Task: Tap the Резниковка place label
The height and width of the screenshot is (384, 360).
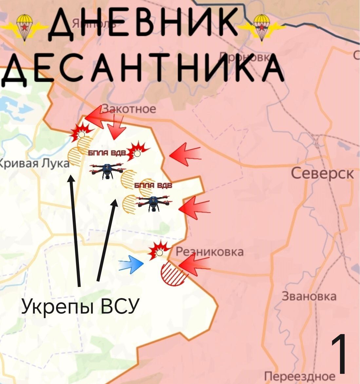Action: pos(210,252)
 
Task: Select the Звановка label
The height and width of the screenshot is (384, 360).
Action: pos(309,296)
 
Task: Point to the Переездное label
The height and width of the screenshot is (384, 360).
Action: pos(300,376)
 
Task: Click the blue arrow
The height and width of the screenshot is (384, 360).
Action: pos(131,264)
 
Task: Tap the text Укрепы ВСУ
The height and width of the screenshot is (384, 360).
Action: pos(79,306)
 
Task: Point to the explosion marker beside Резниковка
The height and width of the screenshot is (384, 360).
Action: pos(159,251)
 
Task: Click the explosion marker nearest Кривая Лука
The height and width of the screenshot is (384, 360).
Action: pos(81,132)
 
